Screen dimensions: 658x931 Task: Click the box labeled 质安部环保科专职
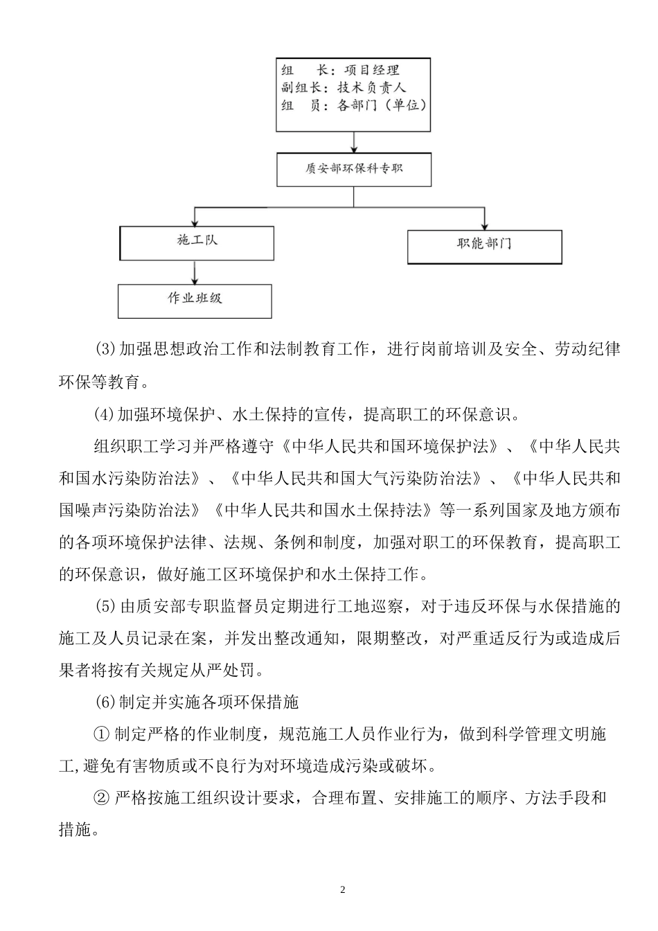[x=354, y=170]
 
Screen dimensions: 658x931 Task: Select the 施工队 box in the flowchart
[x=197, y=242]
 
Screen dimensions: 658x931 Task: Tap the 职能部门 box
[x=484, y=246]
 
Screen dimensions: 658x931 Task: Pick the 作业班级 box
[x=195, y=299]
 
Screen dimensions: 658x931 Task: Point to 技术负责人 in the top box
[x=371, y=88]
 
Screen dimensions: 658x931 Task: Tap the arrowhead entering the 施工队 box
[x=197, y=221]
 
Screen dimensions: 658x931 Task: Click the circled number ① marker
[x=101, y=734]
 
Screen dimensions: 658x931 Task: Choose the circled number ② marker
[x=101, y=798]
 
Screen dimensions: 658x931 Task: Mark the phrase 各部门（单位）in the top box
[x=381, y=106]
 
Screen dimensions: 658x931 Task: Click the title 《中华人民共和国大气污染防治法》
[x=357, y=478]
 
